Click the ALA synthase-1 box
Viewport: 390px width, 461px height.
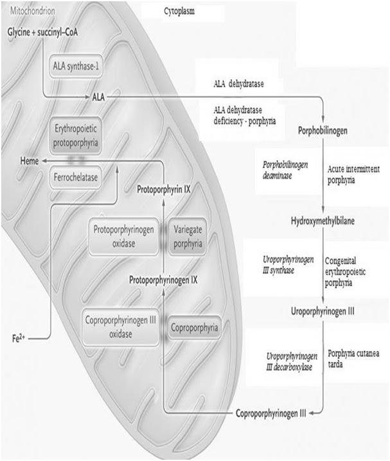click(76, 66)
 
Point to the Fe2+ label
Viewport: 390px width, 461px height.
click(19, 336)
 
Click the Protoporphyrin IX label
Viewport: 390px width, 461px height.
click(167, 190)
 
